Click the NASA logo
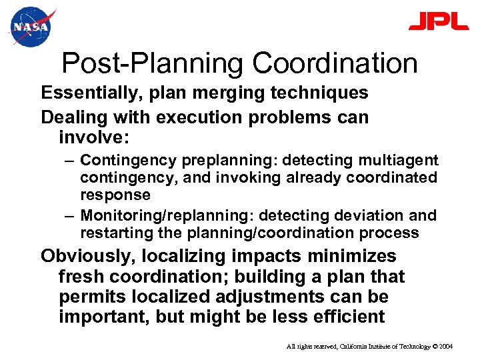[31, 27]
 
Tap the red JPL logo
[438, 21]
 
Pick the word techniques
[311, 93]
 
